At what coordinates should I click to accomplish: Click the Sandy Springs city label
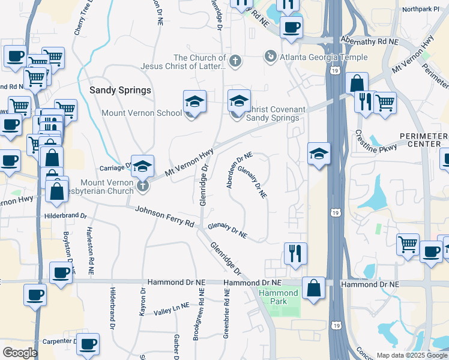[x=120, y=90]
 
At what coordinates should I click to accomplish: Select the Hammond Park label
[x=279, y=297]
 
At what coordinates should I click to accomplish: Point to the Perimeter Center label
[x=427, y=140]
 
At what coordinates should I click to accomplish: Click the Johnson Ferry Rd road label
[x=165, y=216]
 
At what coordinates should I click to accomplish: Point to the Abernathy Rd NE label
[x=370, y=41]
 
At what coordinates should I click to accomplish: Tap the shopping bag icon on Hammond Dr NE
[x=313, y=288]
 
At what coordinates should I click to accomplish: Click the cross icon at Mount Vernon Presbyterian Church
[x=142, y=185]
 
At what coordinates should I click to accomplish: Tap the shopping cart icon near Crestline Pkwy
[x=384, y=101]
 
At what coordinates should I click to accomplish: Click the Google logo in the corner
[x=20, y=353]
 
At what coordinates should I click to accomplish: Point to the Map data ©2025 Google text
[x=411, y=355]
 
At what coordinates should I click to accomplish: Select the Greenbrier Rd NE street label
[x=226, y=316]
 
